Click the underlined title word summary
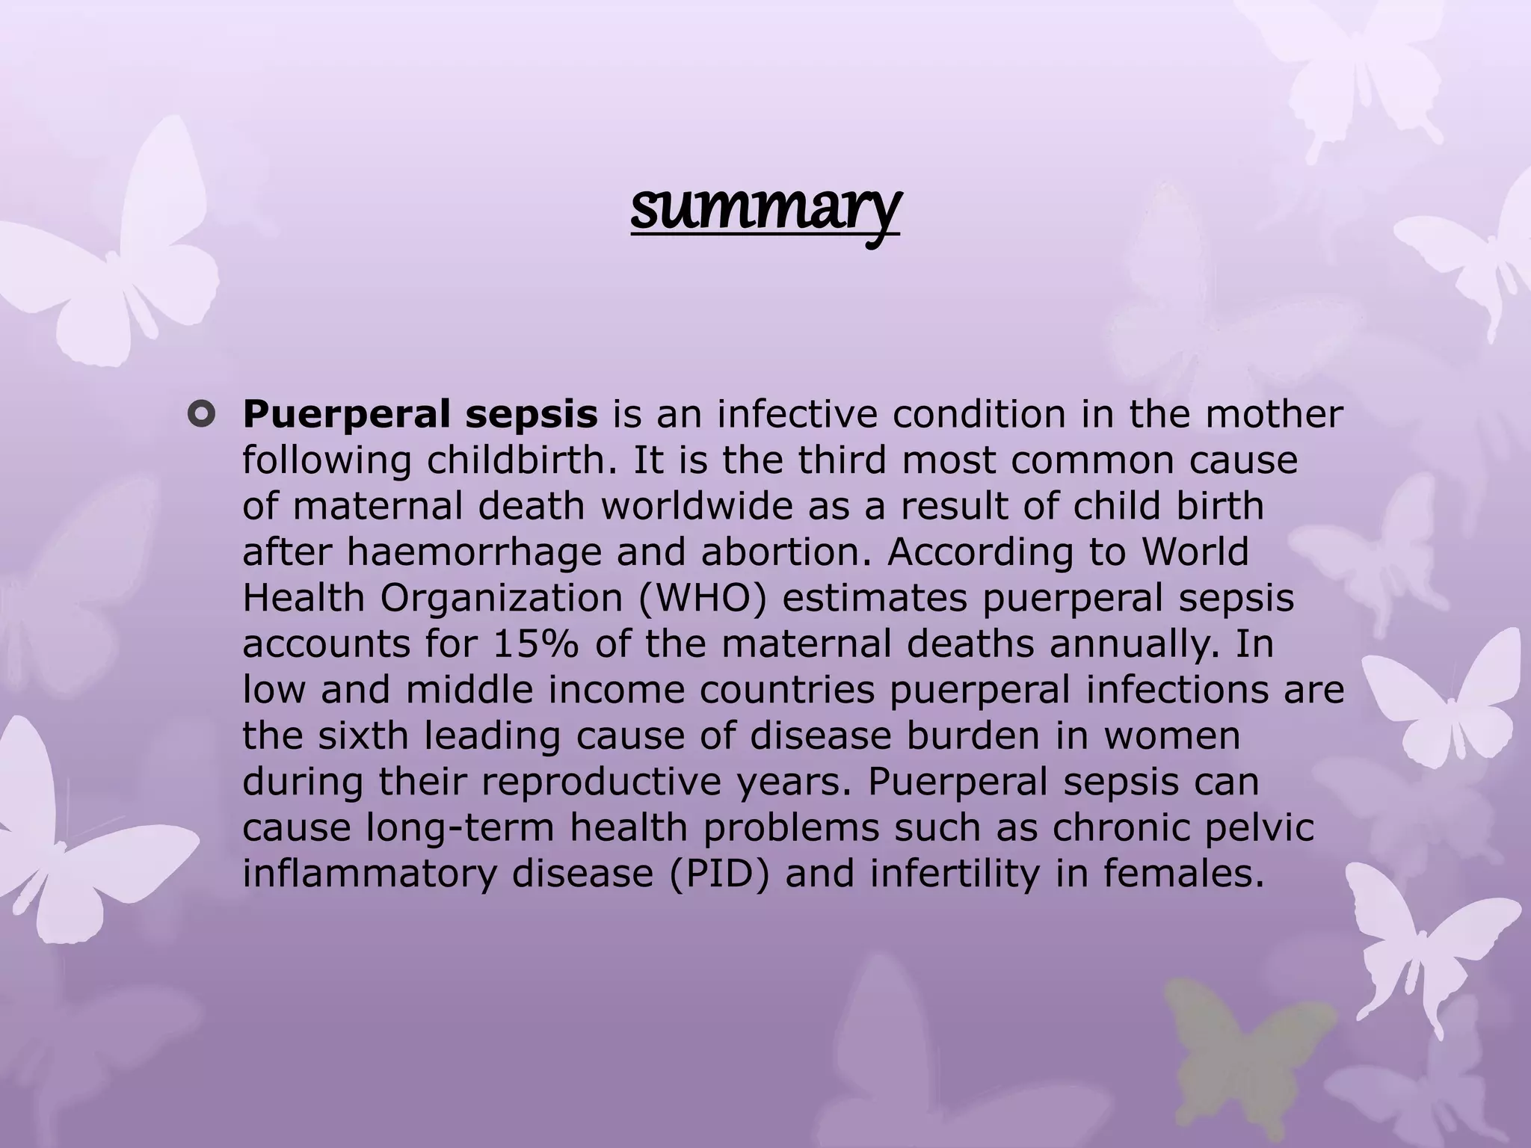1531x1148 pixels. [x=765, y=209]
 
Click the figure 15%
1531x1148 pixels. [x=535, y=645]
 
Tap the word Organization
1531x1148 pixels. [x=501, y=599]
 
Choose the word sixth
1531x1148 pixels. [x=363, y=736]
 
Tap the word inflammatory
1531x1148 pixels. [x=369, y=874]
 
